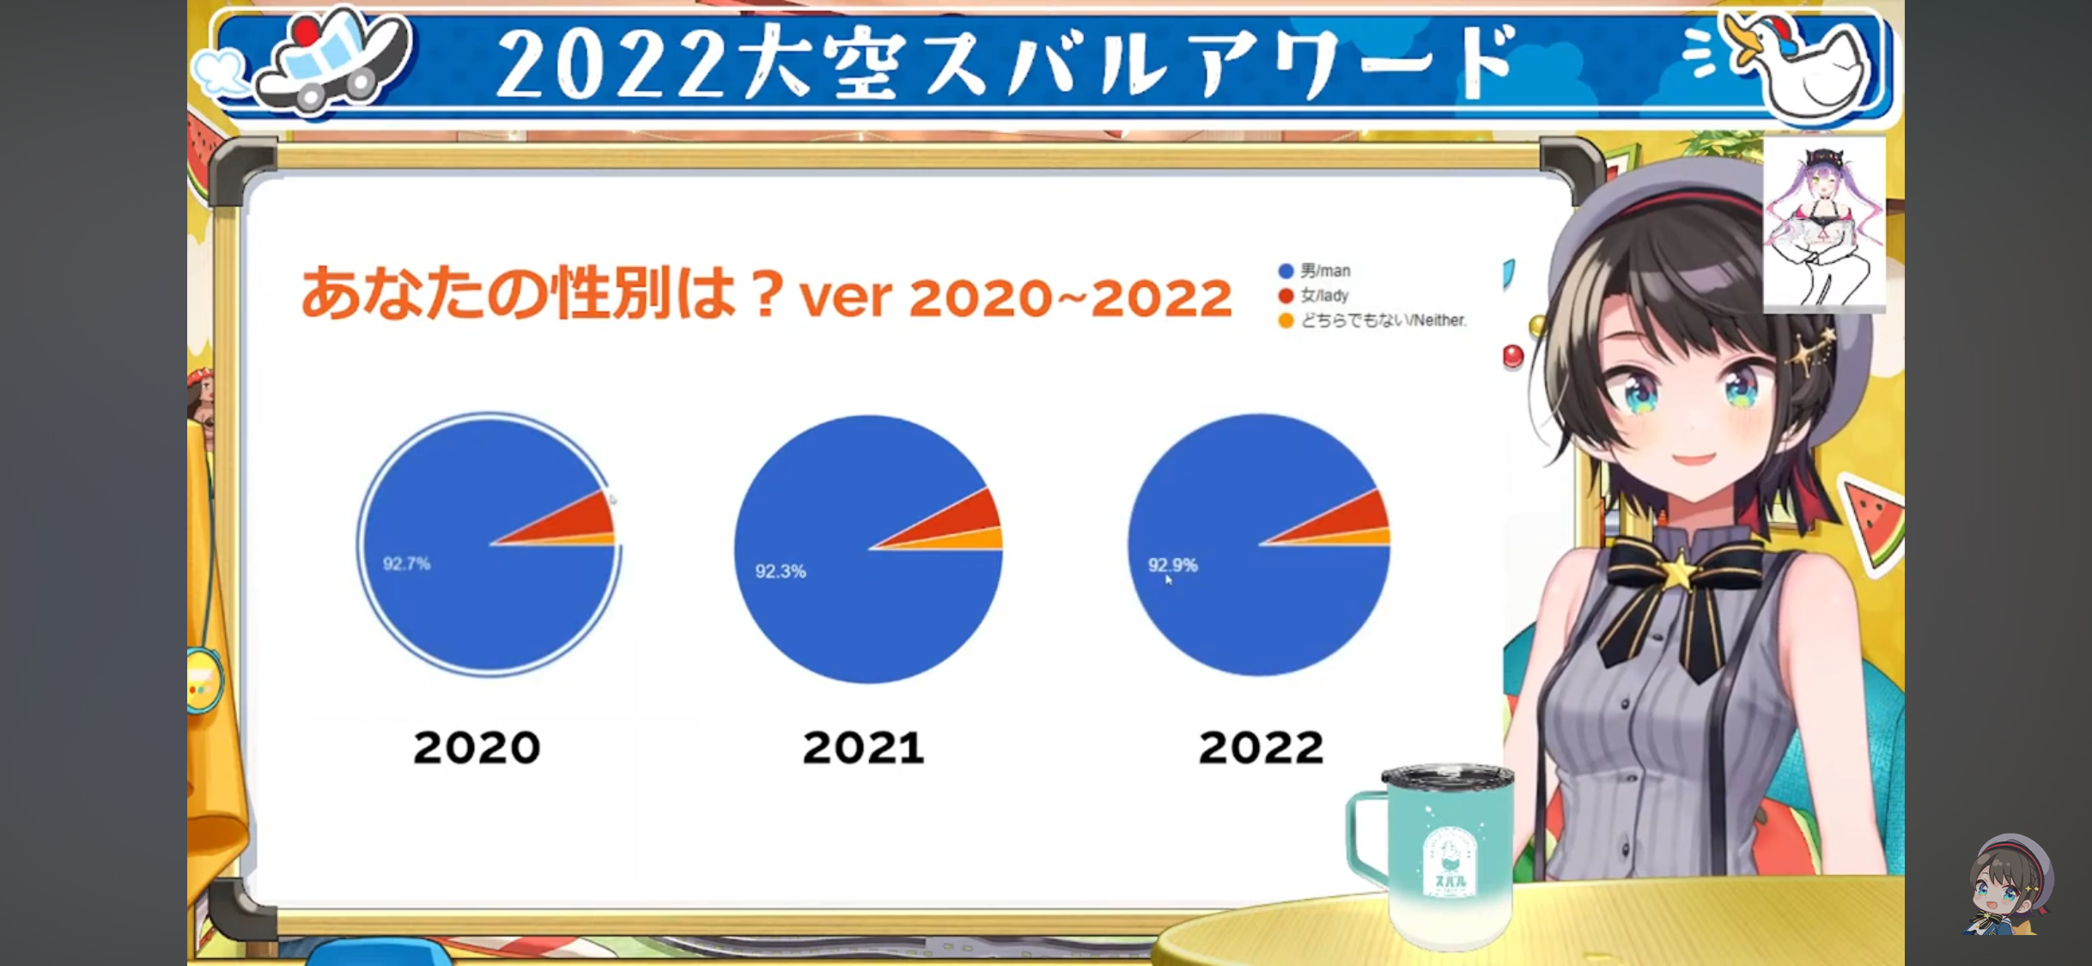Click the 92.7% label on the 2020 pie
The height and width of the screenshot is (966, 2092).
(x=406, y=564)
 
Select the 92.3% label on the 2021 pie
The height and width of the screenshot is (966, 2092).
(x=780, y=572)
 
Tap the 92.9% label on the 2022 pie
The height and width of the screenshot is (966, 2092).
(x=1172, y=565)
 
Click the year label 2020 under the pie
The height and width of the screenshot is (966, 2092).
(x=477, y=747)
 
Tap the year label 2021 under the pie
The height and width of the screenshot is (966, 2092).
(x=863, y=747)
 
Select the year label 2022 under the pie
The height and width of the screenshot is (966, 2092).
(x=1261, y=747)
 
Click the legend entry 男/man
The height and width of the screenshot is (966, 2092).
(x=1315, y=270)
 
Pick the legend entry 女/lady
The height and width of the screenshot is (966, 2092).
(x=1314, y=295)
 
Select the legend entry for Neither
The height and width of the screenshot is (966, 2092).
(x=1372, y=320)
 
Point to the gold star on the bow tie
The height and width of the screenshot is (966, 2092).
(x=1680, y=571)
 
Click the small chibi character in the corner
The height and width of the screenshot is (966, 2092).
(x=2007, y=884)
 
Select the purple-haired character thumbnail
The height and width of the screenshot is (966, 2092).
(x=1824, y=223)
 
